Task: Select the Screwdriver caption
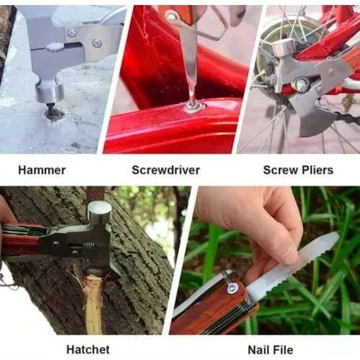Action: click(x=166, y=171)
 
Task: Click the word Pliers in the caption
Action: click(x=318, y=171)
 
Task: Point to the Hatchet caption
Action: click(x=88, y=349)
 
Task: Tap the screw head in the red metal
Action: click(x=194, y=107)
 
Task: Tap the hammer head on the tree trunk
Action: click(x=99, y=212)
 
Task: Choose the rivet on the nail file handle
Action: click(x=232, y=288)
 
